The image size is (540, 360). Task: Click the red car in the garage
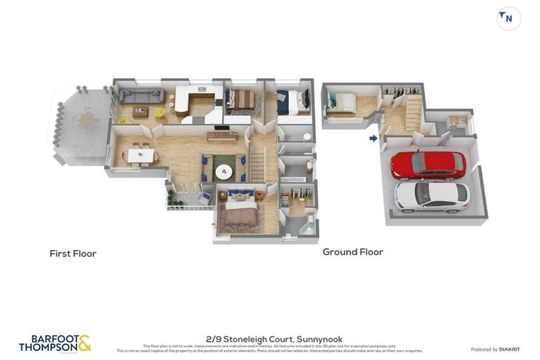(x=427, y=165)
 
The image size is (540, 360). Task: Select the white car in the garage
(x=431, y=196)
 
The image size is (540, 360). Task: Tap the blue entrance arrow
(x=373, y=139)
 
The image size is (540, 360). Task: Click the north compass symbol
(x=508, y=18)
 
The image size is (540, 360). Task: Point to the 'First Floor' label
(x=72, y=254)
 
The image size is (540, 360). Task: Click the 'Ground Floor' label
(x=352, y=252)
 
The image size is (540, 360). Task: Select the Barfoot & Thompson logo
(x=55, y=343)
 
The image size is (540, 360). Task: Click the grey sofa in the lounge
(x=141, y=96)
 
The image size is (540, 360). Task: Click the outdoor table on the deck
(x=86, y=120)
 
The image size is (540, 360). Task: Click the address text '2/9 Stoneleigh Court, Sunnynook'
(x=275, y=339)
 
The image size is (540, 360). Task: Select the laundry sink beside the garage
(x=457, y=121)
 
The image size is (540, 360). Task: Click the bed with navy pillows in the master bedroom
(x=239, y=209)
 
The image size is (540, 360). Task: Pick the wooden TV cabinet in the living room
(x=221, y=136)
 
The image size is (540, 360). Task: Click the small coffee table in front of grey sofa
(x=140, y=111)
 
